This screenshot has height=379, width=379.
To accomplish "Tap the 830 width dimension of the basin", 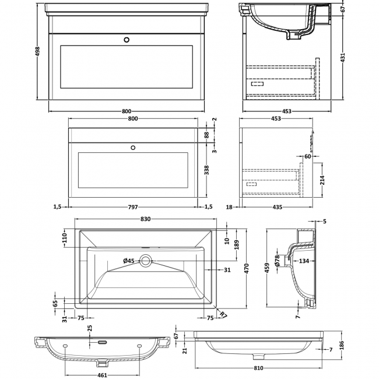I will click(x=146, y=219).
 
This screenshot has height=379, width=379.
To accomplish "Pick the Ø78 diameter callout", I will click(x=278, y=260).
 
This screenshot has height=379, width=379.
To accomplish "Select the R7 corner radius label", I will click(x=224, y=315).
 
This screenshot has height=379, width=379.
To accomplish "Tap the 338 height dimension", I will click(x=206, y=170).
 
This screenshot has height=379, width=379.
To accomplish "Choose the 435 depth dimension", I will click(x=277, y=206).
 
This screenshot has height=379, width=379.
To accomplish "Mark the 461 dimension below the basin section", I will click(x=100, y=376).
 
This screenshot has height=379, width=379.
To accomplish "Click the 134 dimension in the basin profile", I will click(x=304, y=261).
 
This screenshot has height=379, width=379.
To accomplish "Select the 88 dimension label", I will click(x=206, y=135).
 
